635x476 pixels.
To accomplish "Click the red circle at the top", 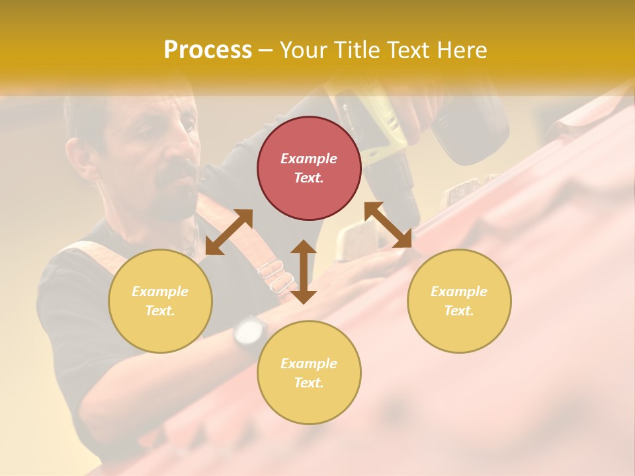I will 309,168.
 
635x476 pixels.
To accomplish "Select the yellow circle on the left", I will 160,301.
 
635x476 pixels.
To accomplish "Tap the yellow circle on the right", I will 459,301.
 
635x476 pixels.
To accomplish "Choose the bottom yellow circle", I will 309,373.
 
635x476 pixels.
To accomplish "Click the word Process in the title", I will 208,50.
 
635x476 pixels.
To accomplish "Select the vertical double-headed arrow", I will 304,272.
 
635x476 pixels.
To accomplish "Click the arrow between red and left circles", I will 229,231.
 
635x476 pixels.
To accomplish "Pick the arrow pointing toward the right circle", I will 388,225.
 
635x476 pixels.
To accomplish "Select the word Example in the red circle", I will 309,159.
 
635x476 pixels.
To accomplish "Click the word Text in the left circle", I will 160,311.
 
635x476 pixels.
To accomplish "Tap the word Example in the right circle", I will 459,292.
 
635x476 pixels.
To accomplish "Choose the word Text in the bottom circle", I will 309,383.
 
